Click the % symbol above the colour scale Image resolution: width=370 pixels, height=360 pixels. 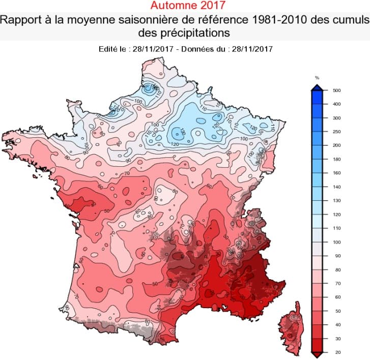[317, 78]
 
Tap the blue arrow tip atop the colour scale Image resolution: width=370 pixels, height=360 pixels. [317, 87]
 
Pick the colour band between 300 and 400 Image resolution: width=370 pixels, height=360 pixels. [317, 111]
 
